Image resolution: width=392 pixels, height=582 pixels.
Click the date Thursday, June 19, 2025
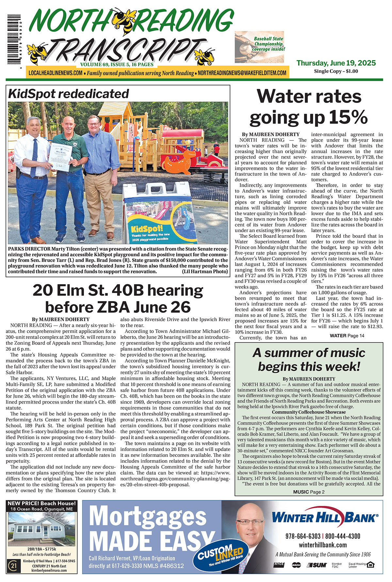[x=336, y=63]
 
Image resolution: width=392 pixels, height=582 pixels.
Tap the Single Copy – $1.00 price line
[x=336, y=71]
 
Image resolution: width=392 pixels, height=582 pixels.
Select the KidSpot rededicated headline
[x=69, y=94]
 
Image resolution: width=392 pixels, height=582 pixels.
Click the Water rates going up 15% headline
[x=309, y=107]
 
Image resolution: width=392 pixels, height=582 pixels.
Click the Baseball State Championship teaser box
[x=259, y=47]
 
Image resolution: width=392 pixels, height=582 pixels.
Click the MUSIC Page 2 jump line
[x=308, y=492]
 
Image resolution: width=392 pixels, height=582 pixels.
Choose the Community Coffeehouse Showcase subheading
[x=309, y=412]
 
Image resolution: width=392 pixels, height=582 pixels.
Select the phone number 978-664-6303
[x=303, y=536]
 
